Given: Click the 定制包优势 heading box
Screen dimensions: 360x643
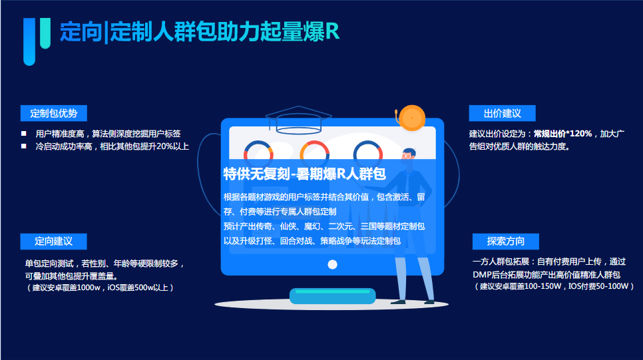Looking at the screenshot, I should [x=54, y=113].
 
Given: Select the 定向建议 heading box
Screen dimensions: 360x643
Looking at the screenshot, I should [x=54, y=241].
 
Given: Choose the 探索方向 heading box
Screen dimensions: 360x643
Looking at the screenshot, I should [x=505, y=241].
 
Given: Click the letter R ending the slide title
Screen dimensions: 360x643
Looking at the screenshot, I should [x=332, y=32].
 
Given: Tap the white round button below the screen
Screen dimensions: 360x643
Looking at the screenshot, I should [x=333, y=264].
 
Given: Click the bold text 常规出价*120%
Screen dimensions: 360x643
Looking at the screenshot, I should [x=562, y=134].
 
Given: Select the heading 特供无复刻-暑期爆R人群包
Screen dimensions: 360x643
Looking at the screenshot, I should [x=304, y=174].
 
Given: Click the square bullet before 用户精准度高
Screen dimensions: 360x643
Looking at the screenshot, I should [x=24, y=133].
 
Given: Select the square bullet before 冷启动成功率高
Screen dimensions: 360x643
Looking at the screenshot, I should [x=24, y=146].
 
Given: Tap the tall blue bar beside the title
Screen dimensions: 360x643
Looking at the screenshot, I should [x=29, y=41].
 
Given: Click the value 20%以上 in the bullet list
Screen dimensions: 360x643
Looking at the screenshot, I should [x=171, y=146].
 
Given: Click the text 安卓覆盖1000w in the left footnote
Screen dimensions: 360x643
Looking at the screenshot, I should [x=78, y=288].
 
